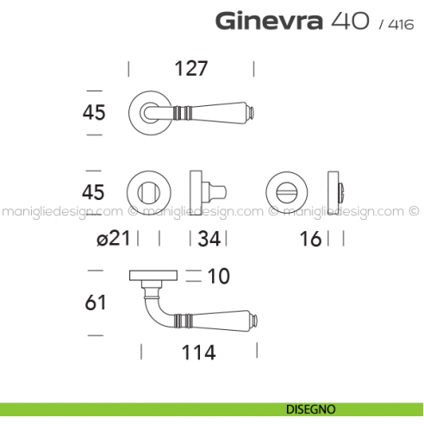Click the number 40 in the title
pyautogui.click(x=349, y=21)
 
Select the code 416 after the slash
pyautogui.click(x=398, y=24)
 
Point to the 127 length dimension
pyautogui.click(x=190, y=69)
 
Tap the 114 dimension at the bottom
pyautogui.click(x=197, y=352)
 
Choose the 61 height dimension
pyautogui.click(x=96, y=302)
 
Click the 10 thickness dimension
pyautogui.click(x=219, y=277)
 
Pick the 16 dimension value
pyautogui.click(x=311, y=239)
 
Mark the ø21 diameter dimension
pyautogui.click(x=114, y=239)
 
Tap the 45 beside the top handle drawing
pyautogui.click(x=95, y=112)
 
